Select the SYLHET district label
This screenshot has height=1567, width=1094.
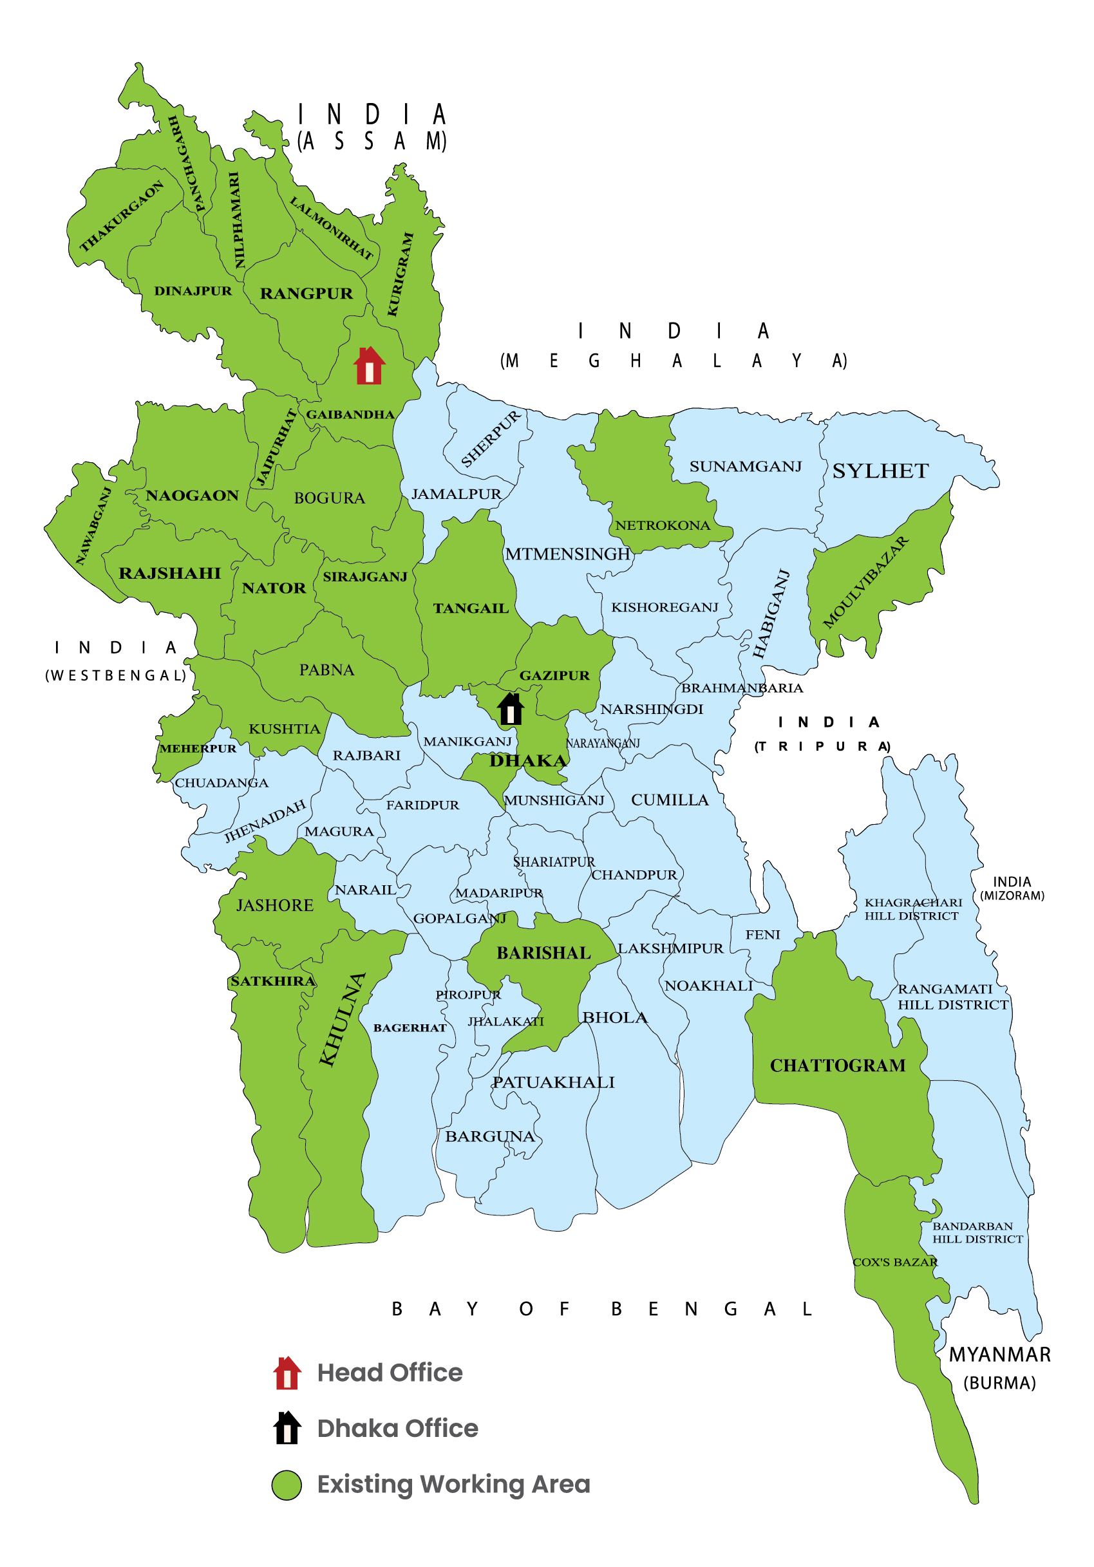point(880,471)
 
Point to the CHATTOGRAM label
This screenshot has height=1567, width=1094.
point(837,1065)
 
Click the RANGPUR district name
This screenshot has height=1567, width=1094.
point(307,294)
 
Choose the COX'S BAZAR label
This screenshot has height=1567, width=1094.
point(895,1262)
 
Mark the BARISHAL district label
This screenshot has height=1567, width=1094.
point(543,953)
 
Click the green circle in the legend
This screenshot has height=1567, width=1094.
point(287,1485)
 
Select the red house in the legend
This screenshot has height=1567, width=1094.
point(287,1373)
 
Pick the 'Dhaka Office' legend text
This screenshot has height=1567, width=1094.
point(398,1429)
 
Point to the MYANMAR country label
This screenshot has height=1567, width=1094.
point(999,1355)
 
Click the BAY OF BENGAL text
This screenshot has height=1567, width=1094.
point(601,1309)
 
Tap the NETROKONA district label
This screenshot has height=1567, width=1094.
point(663,525)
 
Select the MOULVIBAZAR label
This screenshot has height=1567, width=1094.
point(865,582)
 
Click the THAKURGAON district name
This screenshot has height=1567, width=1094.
point(122,216)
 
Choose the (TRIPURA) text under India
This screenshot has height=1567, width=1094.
point(822,747)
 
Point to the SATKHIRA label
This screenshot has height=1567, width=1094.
point(273,981)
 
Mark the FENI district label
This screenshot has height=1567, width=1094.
point(762,934)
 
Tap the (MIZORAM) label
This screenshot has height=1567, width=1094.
point(1012,896)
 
